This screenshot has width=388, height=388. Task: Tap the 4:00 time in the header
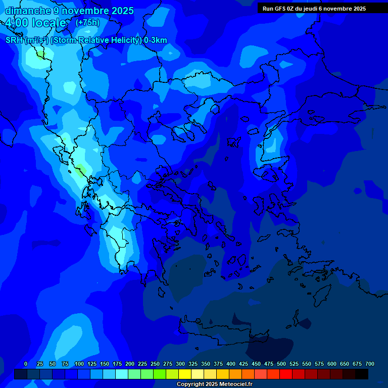18,23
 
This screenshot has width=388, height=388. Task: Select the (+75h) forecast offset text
87,23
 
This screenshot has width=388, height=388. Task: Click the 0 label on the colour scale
26,364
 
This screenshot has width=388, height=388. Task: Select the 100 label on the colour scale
79,364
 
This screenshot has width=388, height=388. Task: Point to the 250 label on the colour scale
155,364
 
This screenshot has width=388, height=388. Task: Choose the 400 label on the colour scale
231,364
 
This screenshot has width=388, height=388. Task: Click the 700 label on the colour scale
370,364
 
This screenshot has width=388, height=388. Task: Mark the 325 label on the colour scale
193,364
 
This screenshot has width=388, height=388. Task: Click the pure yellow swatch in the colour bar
185,374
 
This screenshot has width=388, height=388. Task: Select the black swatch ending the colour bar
362,374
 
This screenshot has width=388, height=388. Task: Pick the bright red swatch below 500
286,374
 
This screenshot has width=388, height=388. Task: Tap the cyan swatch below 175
122,374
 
